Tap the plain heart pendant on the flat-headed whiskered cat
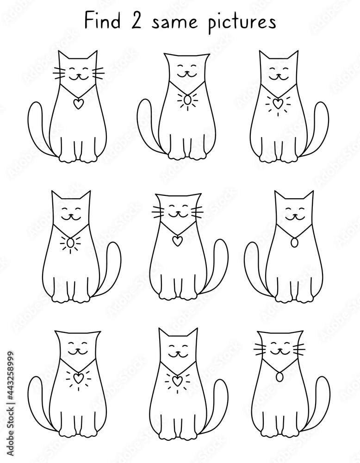(177, 240)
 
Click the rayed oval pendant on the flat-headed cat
(187, 100)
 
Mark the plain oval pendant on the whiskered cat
(279, 378)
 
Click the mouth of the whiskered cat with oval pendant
(279, 352)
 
